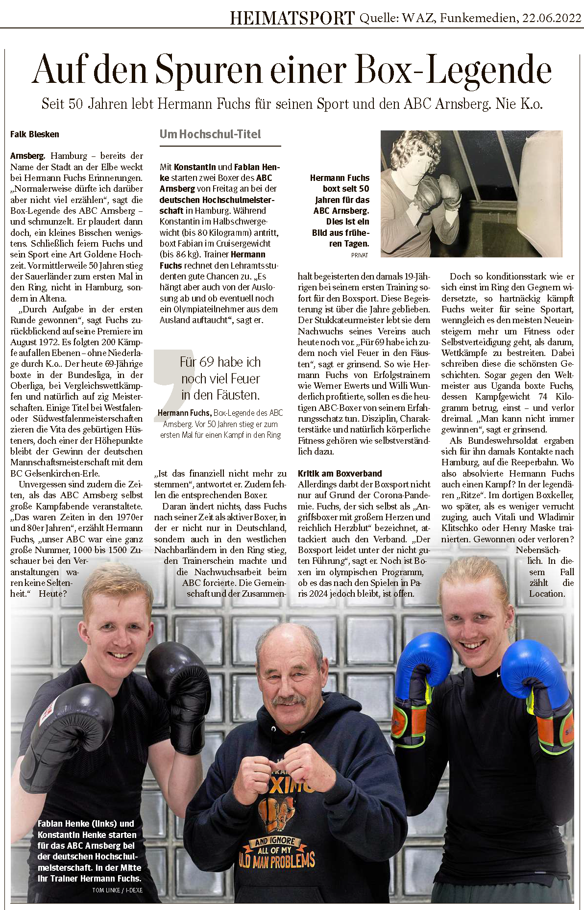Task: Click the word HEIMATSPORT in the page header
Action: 292,18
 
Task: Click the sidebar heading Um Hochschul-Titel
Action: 210,134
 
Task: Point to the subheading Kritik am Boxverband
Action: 340,474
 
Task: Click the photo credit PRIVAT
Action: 359,255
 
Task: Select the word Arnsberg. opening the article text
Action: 27,156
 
